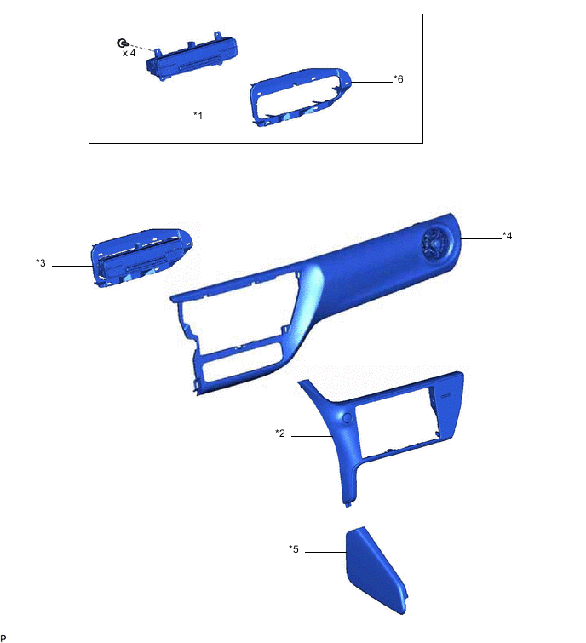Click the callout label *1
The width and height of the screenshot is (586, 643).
(x=198, y=115)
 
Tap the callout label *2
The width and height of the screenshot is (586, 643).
(x=279, y=433)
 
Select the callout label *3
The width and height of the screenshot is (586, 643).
(x=41, y=263)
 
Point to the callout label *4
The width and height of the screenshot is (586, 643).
(x=507, y=235)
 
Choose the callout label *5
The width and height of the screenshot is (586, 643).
(x=294, y=549)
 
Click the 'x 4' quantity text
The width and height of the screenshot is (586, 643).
(x=129, y=53)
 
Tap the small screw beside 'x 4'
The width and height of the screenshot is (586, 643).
(x=123, y=43)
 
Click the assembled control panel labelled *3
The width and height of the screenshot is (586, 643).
(x=141, y=257)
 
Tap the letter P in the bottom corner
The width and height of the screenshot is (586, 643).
(x=3, y=637)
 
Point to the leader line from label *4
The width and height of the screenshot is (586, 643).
(x=481, y=238)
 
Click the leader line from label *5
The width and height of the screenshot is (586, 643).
(x=325, y=553)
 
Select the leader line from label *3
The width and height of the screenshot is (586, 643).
(x=72, y=267)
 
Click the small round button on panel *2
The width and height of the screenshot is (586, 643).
(x=348, y=416)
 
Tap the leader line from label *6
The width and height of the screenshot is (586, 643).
(x=371, y=82)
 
